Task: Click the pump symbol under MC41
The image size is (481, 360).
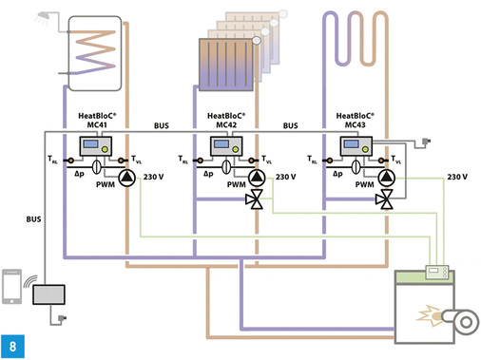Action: coord(125,177)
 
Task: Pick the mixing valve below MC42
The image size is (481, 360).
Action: coord(255,199)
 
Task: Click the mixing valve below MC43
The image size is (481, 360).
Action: coord(385,199)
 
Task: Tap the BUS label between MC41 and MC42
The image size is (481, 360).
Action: coord(161,124)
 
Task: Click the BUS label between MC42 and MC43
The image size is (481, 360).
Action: coord(290,124)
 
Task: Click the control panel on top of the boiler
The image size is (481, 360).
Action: coord(438,274)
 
